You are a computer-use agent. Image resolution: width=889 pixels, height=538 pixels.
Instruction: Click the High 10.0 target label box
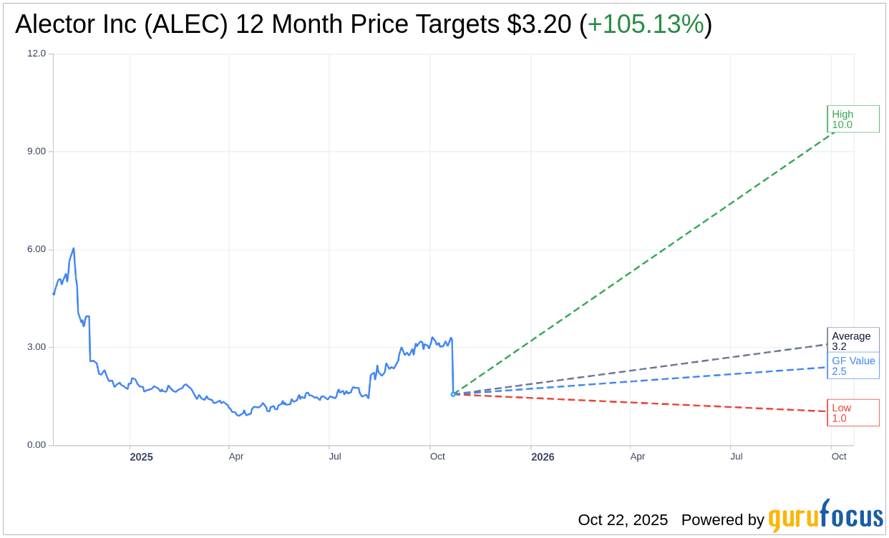point(852,119)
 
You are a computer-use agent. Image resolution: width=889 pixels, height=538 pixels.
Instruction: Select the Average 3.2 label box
point(852,341)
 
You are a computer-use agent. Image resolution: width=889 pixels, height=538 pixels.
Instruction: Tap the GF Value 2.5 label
point(853,366)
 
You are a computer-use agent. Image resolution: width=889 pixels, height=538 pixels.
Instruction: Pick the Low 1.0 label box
point(852,413)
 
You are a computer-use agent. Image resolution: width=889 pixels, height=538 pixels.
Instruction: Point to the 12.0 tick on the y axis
point(37,54)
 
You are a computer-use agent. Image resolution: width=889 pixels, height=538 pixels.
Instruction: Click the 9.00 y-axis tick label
point(37,152)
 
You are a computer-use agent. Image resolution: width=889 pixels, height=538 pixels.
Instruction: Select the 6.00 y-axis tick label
point(37,250)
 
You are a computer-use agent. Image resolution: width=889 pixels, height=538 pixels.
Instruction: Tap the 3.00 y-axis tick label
point(37,347)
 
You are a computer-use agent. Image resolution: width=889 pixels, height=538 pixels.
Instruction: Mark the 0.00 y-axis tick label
point(37,445)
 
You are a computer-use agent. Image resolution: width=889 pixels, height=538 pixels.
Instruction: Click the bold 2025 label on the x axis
point(141,457)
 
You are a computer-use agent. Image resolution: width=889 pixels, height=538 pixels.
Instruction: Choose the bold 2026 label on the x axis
point(543,457)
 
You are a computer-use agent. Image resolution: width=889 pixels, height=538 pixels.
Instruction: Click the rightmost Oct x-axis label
point(839,456)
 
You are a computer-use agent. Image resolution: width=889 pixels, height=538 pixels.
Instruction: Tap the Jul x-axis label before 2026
point(334,456)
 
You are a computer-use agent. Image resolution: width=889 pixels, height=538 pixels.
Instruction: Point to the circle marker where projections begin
point(453,394)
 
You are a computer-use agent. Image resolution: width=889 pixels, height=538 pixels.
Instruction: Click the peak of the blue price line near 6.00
point(74,249)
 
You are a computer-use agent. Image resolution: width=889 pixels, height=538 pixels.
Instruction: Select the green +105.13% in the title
point(646,24)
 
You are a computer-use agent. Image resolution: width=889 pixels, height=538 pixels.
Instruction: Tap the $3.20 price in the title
point(539,24)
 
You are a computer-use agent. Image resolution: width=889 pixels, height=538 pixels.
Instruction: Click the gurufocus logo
point(825,517)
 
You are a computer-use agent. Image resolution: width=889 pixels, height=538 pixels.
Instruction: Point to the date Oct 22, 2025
point(623,520)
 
